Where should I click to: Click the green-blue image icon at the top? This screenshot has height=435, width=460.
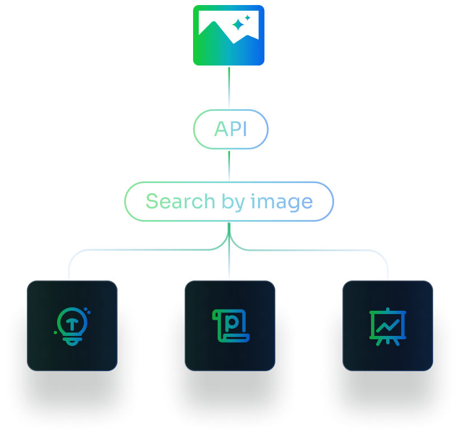point(228,35)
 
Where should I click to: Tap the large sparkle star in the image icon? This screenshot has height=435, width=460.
point(238,25)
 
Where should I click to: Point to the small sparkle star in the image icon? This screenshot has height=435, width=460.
point(247,17)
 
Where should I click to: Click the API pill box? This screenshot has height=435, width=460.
point(231,129)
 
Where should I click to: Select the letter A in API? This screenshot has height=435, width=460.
point(221,129)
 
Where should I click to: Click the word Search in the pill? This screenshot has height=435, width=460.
point(180,202)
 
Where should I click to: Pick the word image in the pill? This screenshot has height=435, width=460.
point(281,202)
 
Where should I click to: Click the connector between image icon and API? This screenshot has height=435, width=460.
point(229,87)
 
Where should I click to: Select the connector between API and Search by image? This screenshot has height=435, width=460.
point(229,166)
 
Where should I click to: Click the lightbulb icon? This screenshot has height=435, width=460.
point(72,326)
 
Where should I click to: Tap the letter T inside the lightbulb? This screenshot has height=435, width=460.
point(72,324)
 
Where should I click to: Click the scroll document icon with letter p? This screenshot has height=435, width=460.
point(231,326)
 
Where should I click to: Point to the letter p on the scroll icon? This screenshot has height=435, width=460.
point(232,322)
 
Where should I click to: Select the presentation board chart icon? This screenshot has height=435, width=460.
point(388,326)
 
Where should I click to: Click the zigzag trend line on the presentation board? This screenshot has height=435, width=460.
point(388,326)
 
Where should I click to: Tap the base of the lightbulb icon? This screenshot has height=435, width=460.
point(72,342)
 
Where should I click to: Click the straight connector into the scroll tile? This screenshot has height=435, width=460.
point(229,251)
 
